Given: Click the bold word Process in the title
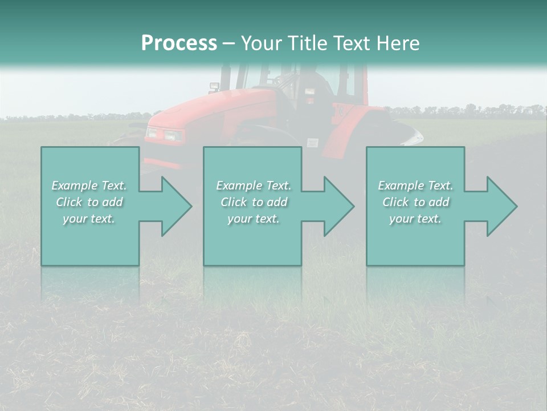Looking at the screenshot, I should pos(179,43).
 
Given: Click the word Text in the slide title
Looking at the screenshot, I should pos(350,43).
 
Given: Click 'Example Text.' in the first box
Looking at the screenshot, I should pos(89,186).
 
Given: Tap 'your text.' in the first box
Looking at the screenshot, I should pos(89,219).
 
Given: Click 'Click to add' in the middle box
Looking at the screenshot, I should pos(254,202).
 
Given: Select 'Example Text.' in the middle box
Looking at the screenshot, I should pos(254,186).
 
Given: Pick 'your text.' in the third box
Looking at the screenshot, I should pos(415,219).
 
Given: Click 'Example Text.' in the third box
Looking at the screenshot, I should pos(415,186).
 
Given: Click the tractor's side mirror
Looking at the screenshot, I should pos(214,87).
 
